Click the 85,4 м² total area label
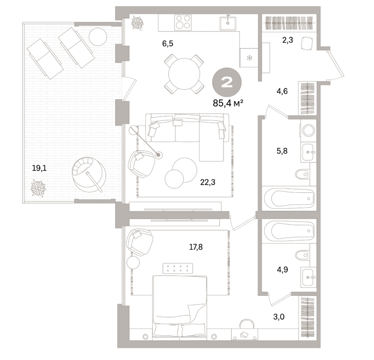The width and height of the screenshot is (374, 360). pyautogui.click(x=228, y=103)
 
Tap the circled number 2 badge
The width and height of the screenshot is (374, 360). pyautogui.click(x=227, y=82)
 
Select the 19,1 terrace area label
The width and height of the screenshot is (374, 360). pyautogui.click(x=40, y=168)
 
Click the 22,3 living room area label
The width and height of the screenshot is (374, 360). pyautogui.click(x=208, y=182)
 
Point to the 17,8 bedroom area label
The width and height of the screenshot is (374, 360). pyautogui.click(x=196, y=247)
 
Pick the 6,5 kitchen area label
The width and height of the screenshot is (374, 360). pyautogui.click(x=167, y=43)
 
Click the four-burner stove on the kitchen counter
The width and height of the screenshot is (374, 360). pyautogui.click(x=183, y=23)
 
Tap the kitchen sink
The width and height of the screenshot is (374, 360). pyautogui.click(x=228, y=23)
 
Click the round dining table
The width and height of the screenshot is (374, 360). pyautogui.click(x=184, y=74)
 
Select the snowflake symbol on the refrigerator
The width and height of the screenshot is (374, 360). pyautogui.click(x=250, y=58)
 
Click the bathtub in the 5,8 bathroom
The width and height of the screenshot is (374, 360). pyautogui.click(x=289, y=199)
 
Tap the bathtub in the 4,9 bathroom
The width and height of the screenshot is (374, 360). pyautogui.click(x=289, y=231)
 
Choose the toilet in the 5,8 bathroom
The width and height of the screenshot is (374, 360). pyautogui.click(x=302, y=174)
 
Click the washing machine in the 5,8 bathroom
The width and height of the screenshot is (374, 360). pyautogui.click(x=308, y=130)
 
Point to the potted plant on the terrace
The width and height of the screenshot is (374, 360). pyautogui.click(x=38, y=189)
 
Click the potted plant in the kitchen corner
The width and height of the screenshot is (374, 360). pyautogui.click(x=138, y=23)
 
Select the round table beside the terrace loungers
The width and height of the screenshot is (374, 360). pyautogui.click(x=98, y=37)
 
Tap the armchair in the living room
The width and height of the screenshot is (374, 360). pyautogui.click(x=141, y=164)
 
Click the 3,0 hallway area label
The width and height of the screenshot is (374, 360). pyautogui.click(x=278, y=317)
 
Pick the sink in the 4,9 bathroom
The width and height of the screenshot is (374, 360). pyautogui.click(x=309, y=277)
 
